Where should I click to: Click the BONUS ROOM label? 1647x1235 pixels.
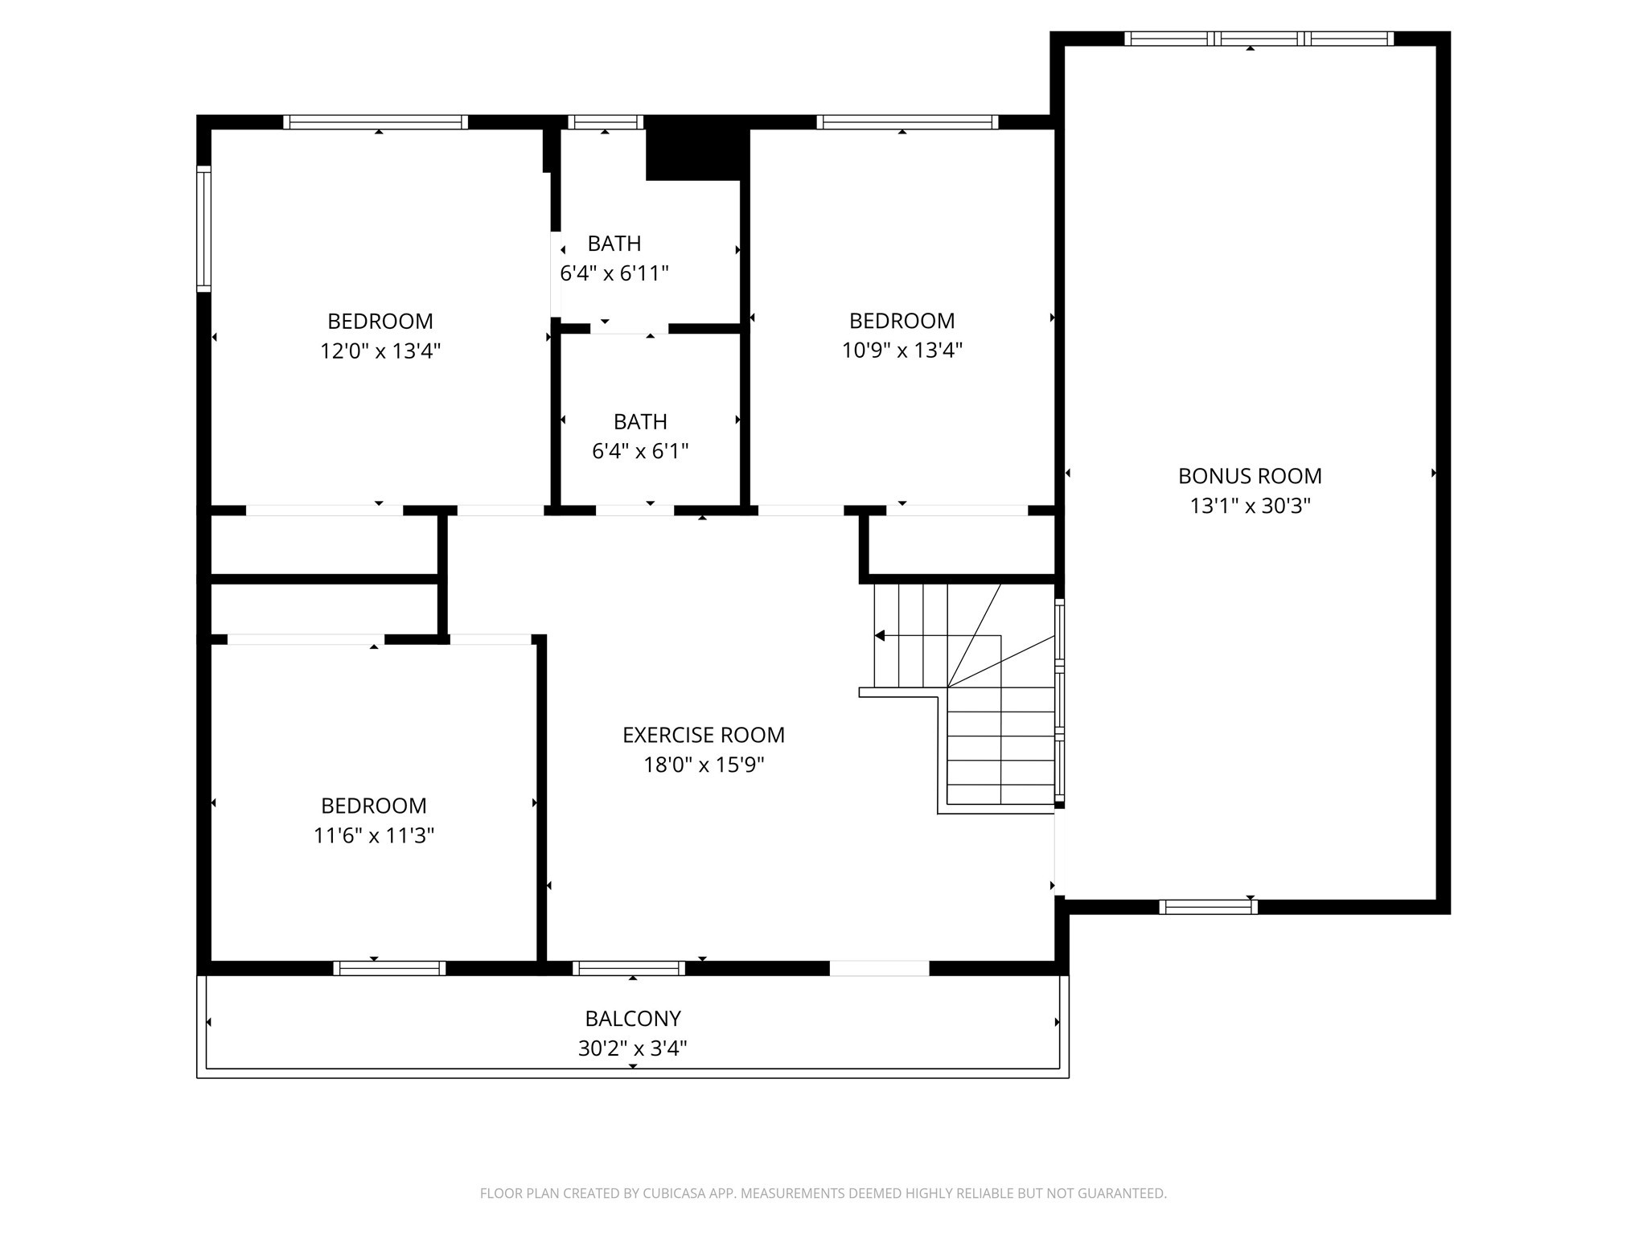point(1250,476)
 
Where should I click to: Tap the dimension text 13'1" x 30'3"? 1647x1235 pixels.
point(1250,506)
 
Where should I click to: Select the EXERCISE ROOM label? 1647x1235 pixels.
point(703,735)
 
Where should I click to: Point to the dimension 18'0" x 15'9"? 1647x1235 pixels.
point(703,765)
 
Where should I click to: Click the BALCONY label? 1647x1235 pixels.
point(633,1019)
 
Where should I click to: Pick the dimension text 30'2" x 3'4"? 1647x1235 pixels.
point(633,1048)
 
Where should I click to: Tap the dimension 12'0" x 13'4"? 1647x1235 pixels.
point(380,351)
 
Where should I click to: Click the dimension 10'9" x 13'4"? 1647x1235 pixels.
point(902,351)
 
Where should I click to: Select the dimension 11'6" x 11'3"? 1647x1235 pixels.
point(374,836)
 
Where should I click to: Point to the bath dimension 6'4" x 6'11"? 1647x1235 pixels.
point(614,273)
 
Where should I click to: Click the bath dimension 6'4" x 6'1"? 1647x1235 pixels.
point(640,451)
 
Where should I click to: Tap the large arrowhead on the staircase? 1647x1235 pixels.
point(880,636)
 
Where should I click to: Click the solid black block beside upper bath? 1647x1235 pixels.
point(693,150)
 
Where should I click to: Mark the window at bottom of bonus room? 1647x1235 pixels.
point(1208,907)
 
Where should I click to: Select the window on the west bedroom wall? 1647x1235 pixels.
point(204,229)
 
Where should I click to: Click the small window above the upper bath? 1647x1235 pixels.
point(606,122)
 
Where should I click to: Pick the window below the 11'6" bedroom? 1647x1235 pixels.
point(389,968)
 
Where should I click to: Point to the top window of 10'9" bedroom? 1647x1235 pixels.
point(907,122)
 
